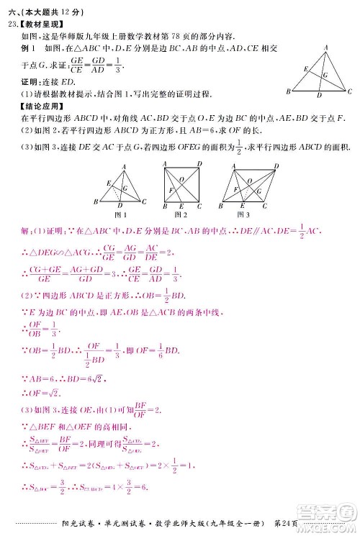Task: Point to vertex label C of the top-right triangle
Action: pyautogui.click(x=350, y=92)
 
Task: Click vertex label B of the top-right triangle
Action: pyautogui.click(x=287, y=92)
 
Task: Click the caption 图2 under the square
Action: pyautogui.click(x=181, y=214)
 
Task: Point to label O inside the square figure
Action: pyautogui.click(x=181, y=179)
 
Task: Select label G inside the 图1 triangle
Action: pyautogui.click(x=125, y=187)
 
